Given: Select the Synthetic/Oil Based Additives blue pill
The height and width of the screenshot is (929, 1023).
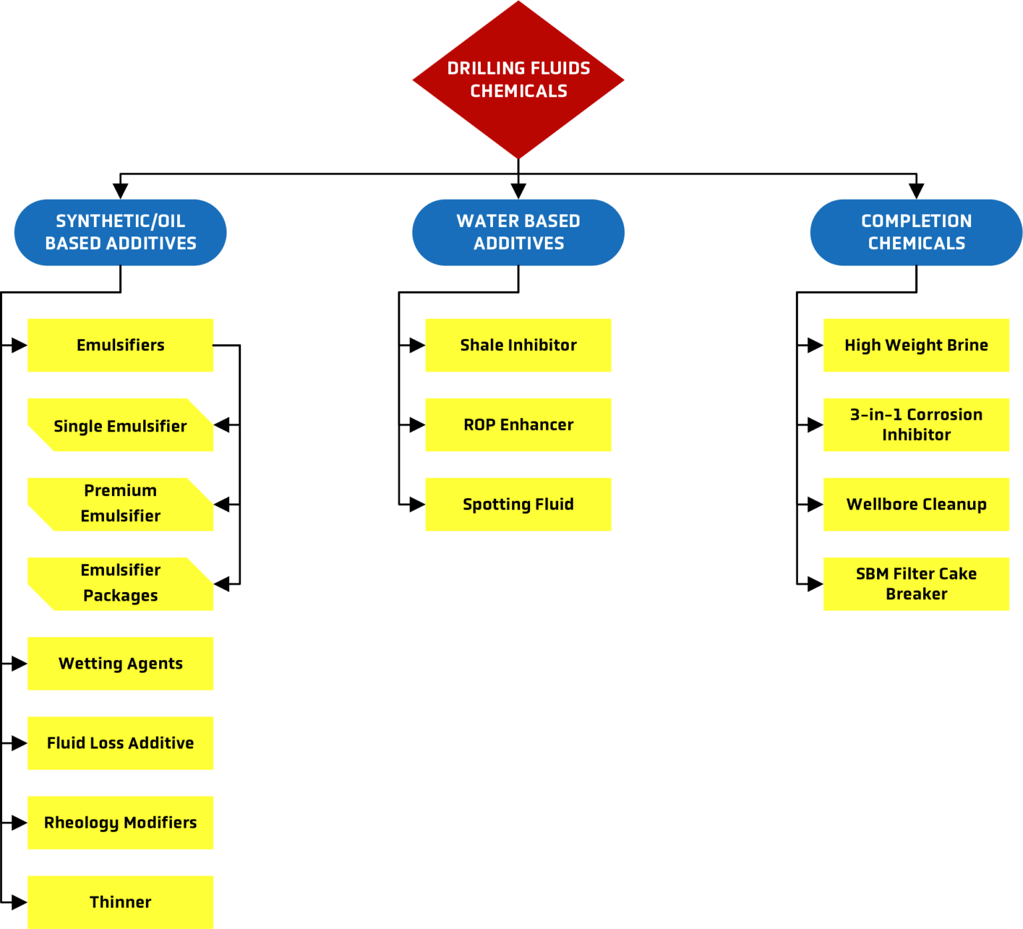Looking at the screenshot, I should pos(121,232).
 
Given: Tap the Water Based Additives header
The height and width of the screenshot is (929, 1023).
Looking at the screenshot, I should pos(518,232).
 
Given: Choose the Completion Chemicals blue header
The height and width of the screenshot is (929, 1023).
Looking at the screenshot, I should pos(916,232).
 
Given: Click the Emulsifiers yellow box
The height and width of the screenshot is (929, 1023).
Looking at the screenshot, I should pos(121,345).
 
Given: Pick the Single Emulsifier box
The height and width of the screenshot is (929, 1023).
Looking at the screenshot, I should pos(121,426).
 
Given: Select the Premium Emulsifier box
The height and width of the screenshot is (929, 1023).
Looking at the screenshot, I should pos(121,503).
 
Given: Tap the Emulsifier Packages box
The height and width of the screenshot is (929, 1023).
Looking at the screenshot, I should pos(121,583).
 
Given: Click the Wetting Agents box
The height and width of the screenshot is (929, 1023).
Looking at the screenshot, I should pos(121,663).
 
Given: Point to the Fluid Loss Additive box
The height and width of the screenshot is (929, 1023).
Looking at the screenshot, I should pos(121,743).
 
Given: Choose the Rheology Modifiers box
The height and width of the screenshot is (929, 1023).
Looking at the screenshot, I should pos(121,822).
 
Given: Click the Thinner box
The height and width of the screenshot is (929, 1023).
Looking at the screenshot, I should pos(121,902).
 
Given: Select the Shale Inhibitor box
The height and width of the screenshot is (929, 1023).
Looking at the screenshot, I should pos(518,345).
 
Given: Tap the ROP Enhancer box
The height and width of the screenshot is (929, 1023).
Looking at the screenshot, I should pos(518,425).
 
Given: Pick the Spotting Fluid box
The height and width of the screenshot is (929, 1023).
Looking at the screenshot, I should pos(518,504).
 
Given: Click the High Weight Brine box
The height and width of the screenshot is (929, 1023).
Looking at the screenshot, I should pos(916,345).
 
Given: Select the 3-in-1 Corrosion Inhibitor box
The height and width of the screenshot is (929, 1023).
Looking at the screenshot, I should pos(916,425).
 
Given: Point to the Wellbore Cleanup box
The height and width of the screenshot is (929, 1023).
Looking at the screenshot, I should pos(916,504).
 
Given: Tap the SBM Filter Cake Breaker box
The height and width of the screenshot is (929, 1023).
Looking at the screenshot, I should pos(916,583).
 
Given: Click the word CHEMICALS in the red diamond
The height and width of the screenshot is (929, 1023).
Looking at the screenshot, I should pos(518,91).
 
